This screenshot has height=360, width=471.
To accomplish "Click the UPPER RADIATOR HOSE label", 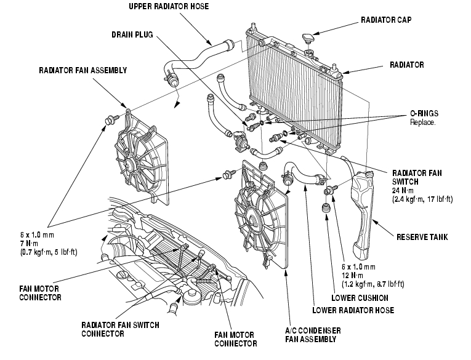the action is (x=169, y=6).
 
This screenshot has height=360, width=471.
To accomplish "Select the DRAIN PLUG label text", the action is (x=132, y=35).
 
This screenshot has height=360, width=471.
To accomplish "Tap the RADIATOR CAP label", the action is (x=386, y=20).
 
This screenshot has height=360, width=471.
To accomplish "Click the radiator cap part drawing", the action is (x=308, y=38).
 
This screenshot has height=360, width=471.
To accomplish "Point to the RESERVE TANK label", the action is (x=422, y=237).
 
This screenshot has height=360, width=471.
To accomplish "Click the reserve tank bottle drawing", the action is (x=361, y=214).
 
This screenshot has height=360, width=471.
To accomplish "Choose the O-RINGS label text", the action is (x=424, y=113).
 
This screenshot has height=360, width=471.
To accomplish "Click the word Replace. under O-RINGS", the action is (x=422, y=122).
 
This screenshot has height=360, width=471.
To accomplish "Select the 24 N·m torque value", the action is (x=403, y=190).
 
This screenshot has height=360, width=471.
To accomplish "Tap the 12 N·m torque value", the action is (x=352, y=275).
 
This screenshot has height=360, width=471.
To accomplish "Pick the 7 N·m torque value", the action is (x=29, y=244).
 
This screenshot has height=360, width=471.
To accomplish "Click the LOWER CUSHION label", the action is (x=360, y=298).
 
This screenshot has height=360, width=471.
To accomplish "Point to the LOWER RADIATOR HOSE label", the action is (x=353, y=310).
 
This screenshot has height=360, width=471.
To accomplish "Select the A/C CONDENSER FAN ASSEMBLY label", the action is (x=313, y=335).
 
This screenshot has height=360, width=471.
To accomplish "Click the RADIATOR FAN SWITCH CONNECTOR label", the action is (x=120, y=329).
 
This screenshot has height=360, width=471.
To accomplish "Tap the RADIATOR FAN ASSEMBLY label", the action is (x=83, y=71).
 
